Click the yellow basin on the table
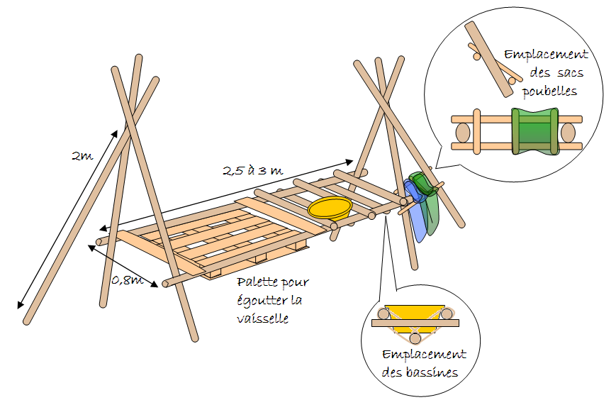pyautogui.click(x=330, y=208)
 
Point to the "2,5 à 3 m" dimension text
pyautogui.click(x=252, y=170)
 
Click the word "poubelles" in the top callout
pyautogui.click(x=549, y=91)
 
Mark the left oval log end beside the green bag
pyautogui.click(x=463, y=133)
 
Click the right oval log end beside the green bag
pyautogui.click(x=568, y=133)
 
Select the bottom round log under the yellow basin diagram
pyautogui.click(x=415, y=338)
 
